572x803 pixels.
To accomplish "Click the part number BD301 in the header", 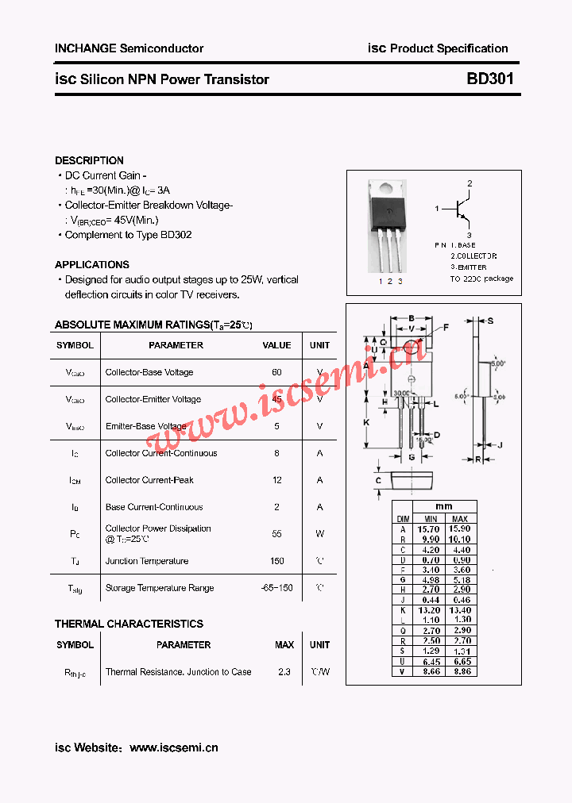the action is click(489, 79).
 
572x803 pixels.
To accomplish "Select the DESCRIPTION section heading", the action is click(89, 160).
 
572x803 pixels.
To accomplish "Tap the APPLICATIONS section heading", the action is click(92, 265).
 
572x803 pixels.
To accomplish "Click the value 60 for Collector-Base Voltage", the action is click(276, 372).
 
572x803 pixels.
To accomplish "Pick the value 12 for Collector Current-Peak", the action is click(276, 480).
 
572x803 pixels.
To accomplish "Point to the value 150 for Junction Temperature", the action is click(276, 561).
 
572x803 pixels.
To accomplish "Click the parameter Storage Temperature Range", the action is click(160, 588).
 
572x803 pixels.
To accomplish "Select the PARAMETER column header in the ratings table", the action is click(176, 345).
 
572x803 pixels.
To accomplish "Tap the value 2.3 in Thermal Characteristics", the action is click(284, 672).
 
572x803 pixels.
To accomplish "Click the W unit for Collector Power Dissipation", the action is click(319, 534).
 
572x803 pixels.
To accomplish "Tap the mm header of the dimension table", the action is click(444, 506).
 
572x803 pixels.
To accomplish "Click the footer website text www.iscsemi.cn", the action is click(173, 747).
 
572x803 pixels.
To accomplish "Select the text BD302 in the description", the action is click(176, 235).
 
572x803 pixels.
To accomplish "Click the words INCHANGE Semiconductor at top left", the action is click(129, 48).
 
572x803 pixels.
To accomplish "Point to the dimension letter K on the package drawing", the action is click(366, 422).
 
